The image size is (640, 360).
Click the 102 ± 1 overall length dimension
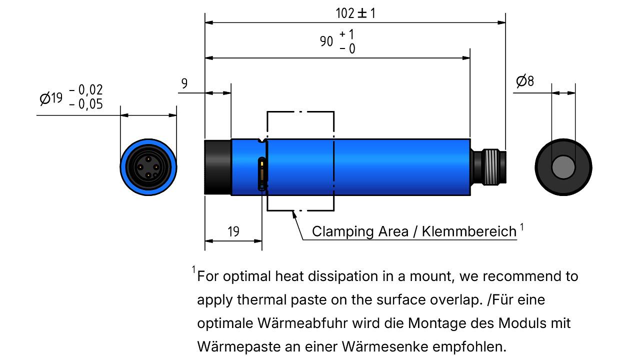pyautogui.click(x=355, y=13)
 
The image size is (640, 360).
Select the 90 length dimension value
pyautogui.click(x=326, y=41)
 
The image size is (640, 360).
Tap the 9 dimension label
pyautogui.click(x=184, y=83)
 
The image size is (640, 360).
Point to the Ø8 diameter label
pyautogui.click(x=525, y=81)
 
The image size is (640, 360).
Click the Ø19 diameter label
pyautogui.click(x=51, y=98)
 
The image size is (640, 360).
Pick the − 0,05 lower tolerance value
pyautogui.click(x=86, y=104)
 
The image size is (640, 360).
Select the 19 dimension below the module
pyautogui.click(x=233, y=231)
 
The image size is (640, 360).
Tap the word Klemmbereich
pyautogui.click(x=469, y=231)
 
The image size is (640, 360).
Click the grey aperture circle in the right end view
pyautogui.click(x=563, y=167)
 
